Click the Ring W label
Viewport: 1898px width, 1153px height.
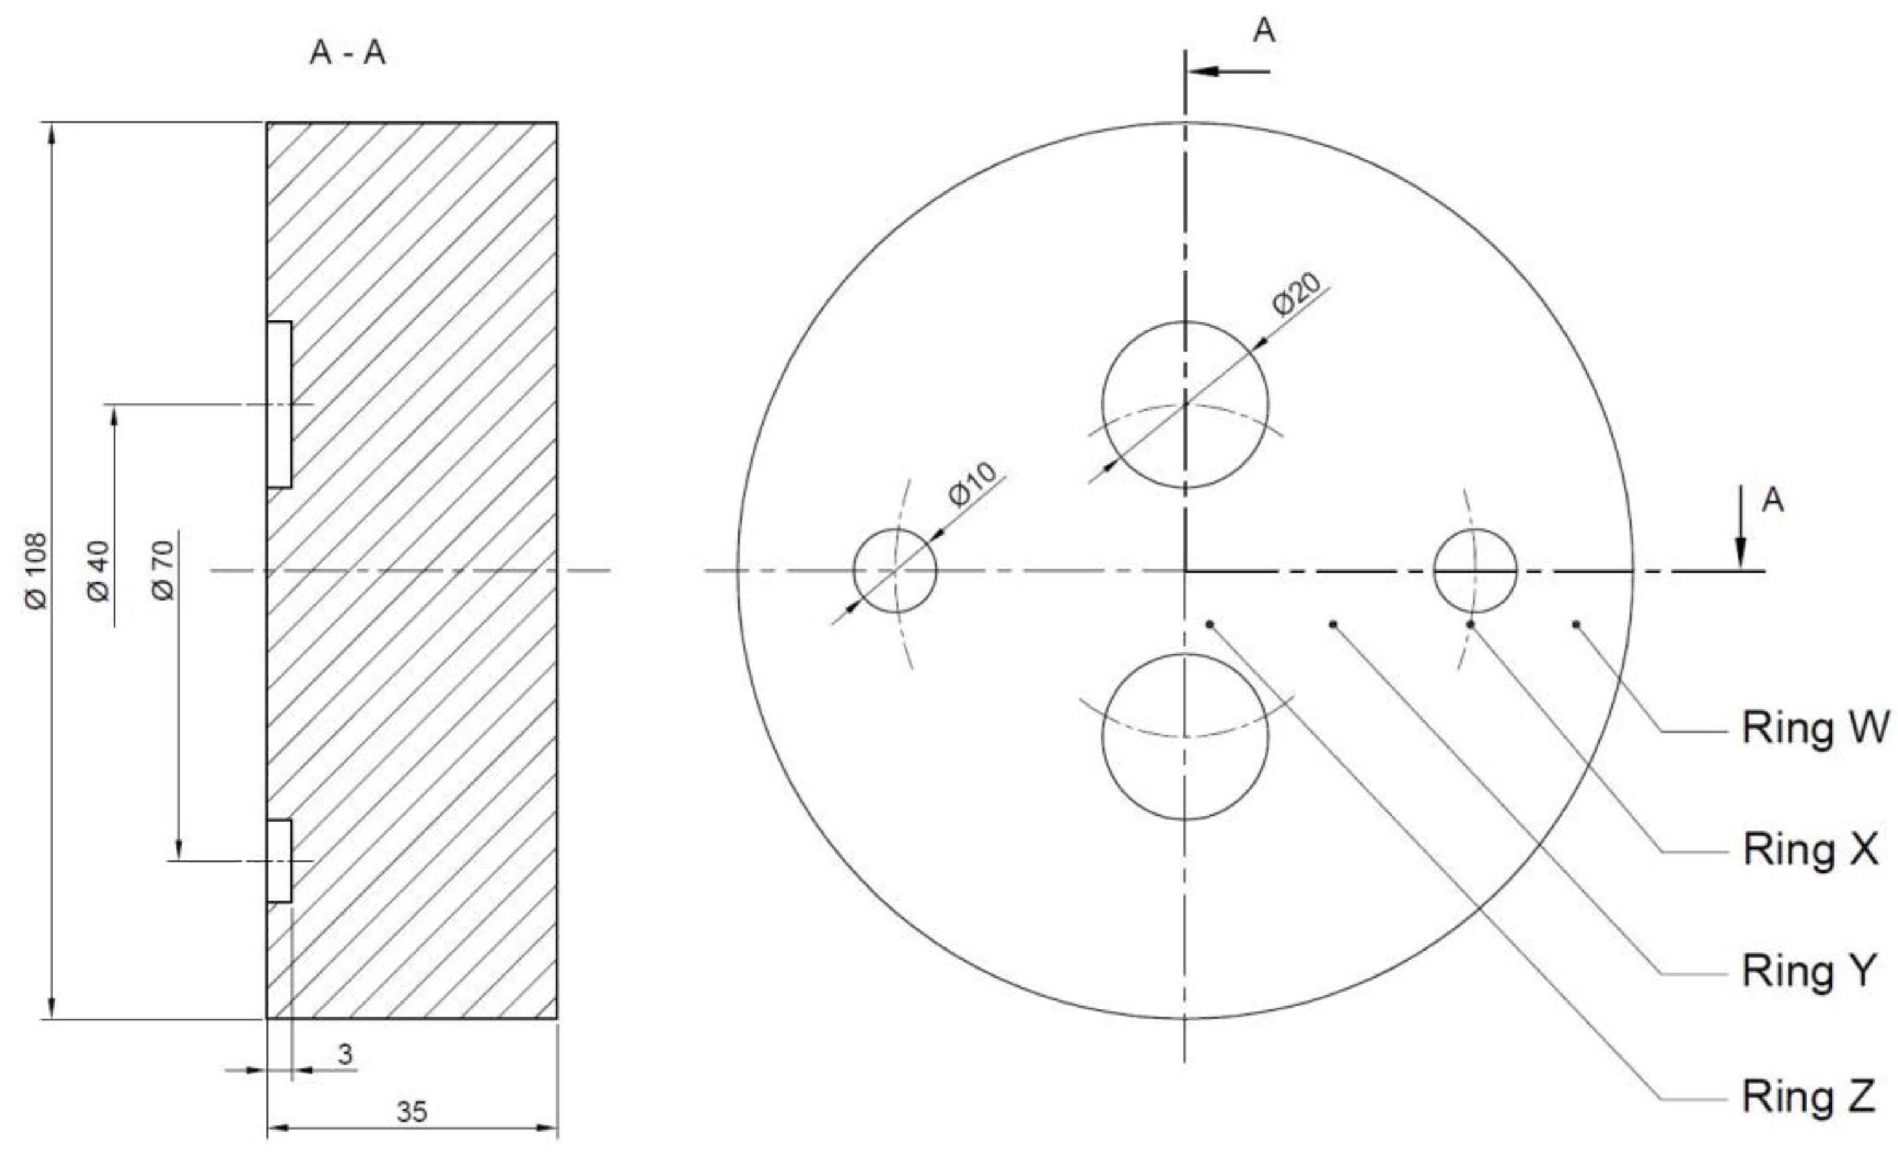pyautogui.click(x=1814, y=728)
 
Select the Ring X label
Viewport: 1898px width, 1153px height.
pyautogui.click(x=1810, y=849)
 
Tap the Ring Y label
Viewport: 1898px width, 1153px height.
pyautogui.click(x=1808, y=971)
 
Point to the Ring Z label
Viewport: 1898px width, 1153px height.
pyautogui.click(x=1808, y=1095)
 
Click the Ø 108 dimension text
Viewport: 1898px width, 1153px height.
pyautogui.click(x=36, y=570)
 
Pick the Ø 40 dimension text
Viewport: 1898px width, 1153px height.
pyautogui.click(x=99, y=571)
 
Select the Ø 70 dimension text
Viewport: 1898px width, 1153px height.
pyautogui.click(x=163, y=570)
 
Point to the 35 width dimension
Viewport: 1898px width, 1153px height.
pyautogui.click(x=412, y=1111)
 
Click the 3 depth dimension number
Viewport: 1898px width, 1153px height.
pyautogui.click(x=345, y=1054)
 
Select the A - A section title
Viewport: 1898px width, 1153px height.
pyautogui.click(x=347, y=54)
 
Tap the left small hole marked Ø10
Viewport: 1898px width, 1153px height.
pyautogui.click(x=895, y=571)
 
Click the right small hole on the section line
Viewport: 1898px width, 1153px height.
pyautogui.click(x=1474, y=571)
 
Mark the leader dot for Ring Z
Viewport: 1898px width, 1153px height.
pyautogui.click(x=1210, y=624)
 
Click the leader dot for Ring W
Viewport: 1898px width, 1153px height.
pyautogui.click(x=1576, y=624)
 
